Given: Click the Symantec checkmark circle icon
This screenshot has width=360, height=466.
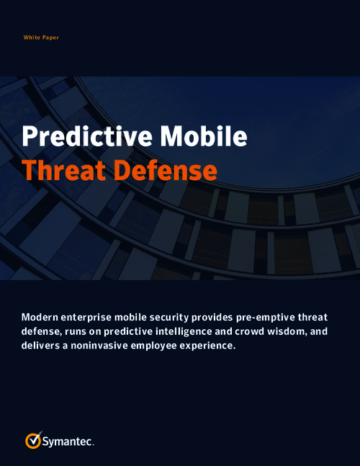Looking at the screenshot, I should tap(33, 440).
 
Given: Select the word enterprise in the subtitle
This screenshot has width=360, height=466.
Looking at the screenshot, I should tap(96, 318).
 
